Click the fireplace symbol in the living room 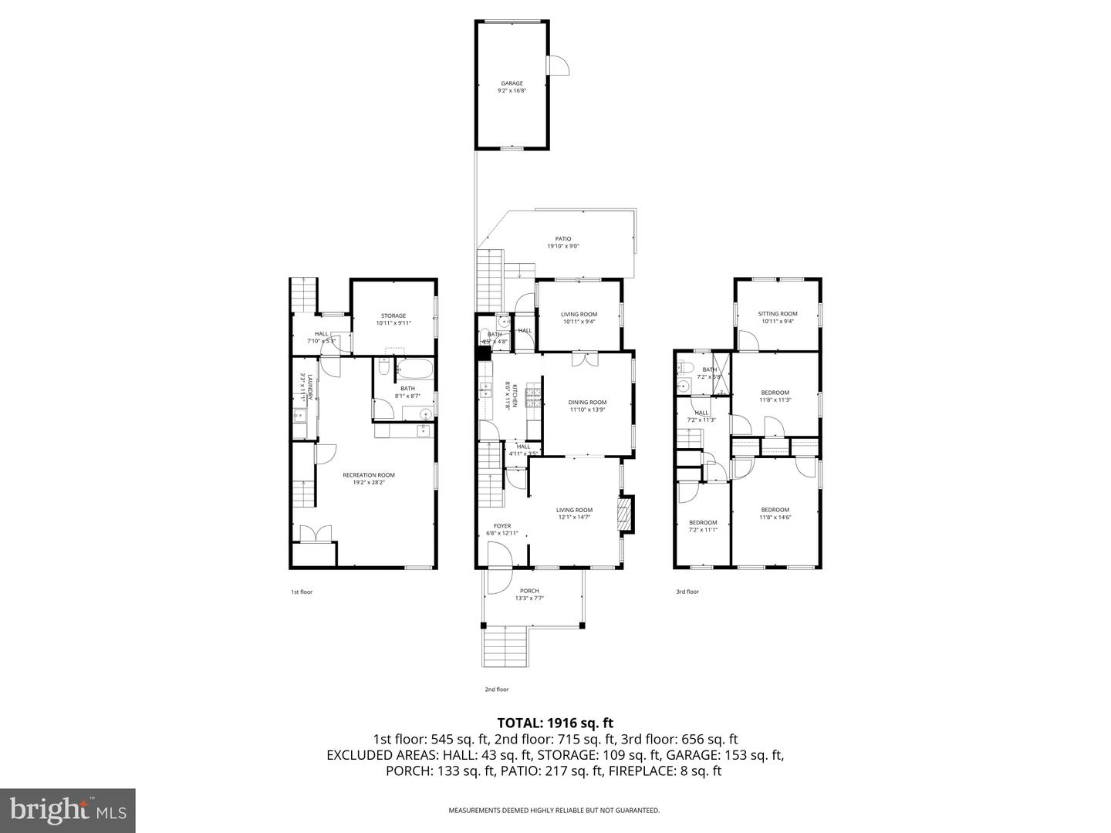626,515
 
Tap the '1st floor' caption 302,592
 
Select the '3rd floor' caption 687,592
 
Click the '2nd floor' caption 498,690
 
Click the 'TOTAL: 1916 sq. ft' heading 555,723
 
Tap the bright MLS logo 68,810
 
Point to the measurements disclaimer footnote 554,811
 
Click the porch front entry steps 505,647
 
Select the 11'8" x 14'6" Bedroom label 775,513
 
